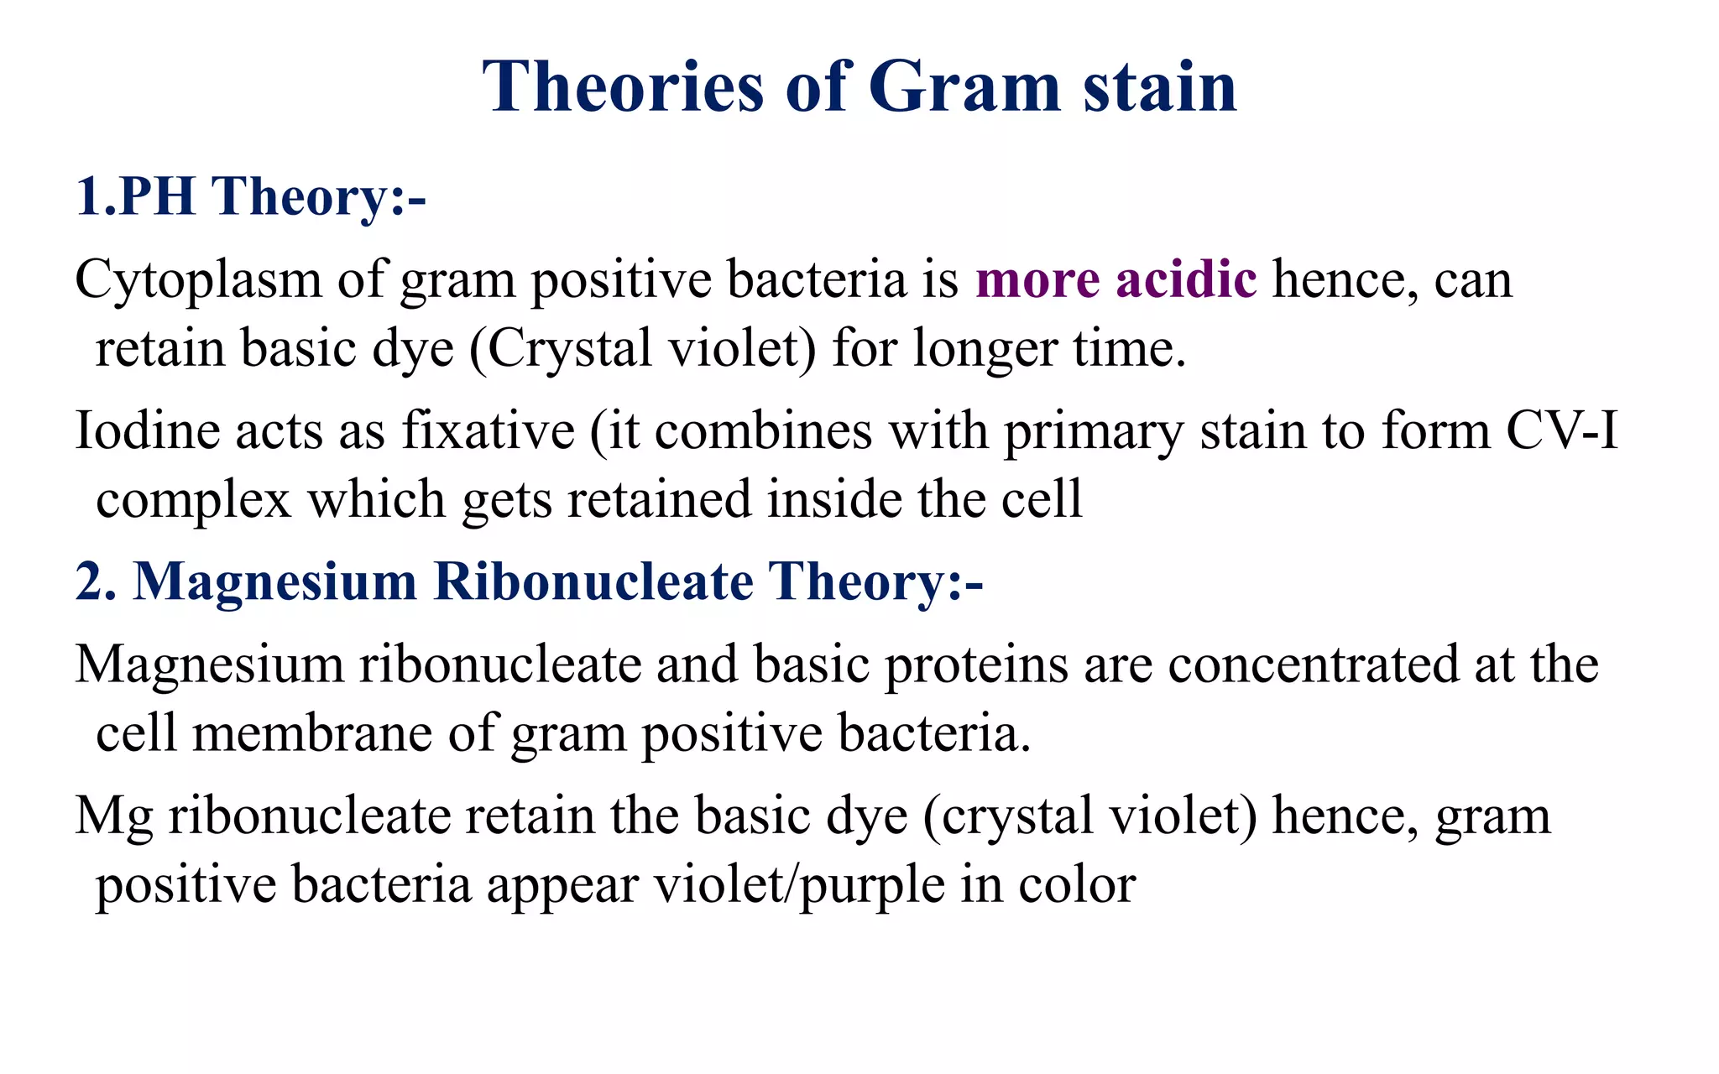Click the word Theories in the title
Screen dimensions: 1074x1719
click(623, 87)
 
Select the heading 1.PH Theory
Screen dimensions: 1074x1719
click(250, 196)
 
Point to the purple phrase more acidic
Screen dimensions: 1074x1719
click(1116, 280)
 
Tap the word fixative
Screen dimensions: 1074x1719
click(488, 431)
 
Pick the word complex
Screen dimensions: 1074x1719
click(193, 501)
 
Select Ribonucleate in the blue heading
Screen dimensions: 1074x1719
click(593, 581)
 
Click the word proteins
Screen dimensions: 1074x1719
click(975, 665)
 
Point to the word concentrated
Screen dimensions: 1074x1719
click(1313, 665)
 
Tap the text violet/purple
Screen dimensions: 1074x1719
click(799, 886)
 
